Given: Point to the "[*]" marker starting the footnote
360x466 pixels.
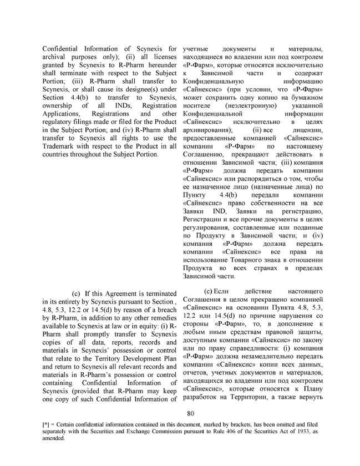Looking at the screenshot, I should tap(48, 426).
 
